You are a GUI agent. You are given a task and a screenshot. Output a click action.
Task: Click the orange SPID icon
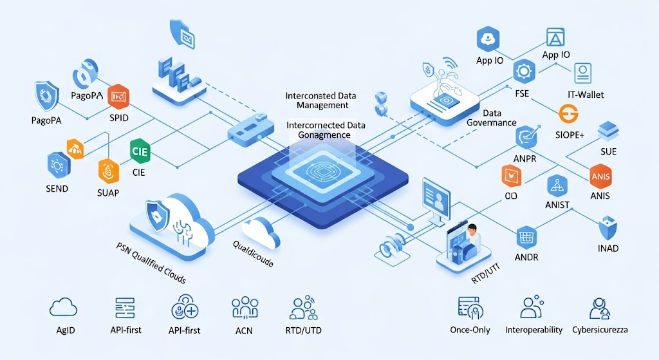pos(118,97)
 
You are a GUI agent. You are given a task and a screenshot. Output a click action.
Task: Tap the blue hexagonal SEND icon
pos(57,165)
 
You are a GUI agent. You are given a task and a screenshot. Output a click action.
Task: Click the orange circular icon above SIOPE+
pos(570,115)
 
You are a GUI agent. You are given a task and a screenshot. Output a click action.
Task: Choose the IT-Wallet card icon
pos(582,72)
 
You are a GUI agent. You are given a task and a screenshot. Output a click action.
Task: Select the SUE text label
pos(608,152)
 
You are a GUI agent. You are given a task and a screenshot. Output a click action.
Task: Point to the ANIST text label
pos(557,205)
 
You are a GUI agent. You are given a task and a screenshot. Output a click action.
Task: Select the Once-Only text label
pos(470,330)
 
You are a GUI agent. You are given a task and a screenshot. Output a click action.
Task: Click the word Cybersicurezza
pos(600,330)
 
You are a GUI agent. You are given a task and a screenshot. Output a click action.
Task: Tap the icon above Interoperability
pos(532,307)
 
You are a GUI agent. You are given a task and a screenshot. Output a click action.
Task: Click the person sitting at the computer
pos(473,234)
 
